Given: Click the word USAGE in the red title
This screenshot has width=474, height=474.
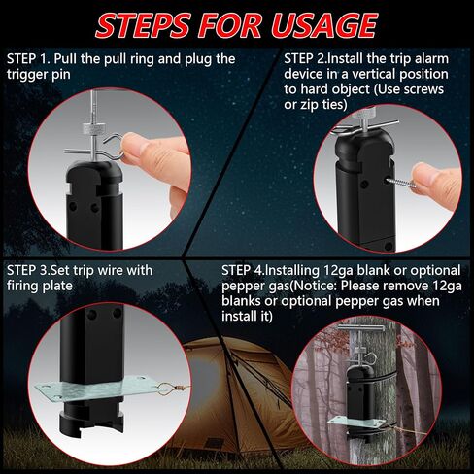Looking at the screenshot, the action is pyautogui.click(x=324, y=25).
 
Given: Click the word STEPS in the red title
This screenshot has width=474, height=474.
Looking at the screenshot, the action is pyautogui.click(x=143, y=25).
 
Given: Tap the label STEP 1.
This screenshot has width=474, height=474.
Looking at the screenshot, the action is pyautogui.click(x=27, y=59).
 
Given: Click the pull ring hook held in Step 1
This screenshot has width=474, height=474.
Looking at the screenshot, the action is pyautogui.click(x=114, y=147).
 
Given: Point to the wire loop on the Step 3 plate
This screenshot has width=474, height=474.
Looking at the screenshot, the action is pyautogui.click(x=168, y=388).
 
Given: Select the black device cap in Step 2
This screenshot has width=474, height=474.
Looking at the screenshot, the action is pyautogui.click(x=365, y=146).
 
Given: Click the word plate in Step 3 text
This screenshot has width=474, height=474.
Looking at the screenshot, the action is pyautogui.click(x=57, y=287).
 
